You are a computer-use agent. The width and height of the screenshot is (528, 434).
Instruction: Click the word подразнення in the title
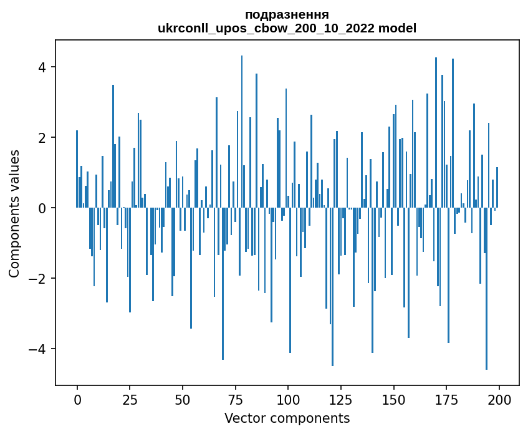[287, 14]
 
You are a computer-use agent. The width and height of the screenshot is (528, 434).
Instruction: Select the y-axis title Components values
[14, 213]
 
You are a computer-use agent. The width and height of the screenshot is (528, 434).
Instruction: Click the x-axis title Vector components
[287, 418]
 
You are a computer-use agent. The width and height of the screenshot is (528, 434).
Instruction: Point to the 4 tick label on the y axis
[43, 67]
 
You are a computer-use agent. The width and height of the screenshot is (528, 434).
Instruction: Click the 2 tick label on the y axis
[43, 138]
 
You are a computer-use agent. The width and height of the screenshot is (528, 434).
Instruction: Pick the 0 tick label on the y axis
[43, 208]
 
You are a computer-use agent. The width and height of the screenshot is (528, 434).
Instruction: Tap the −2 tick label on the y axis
[39, 278]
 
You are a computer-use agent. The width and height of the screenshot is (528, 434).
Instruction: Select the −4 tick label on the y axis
[39, 349]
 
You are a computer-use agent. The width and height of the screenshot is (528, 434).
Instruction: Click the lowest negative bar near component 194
[486, 293]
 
